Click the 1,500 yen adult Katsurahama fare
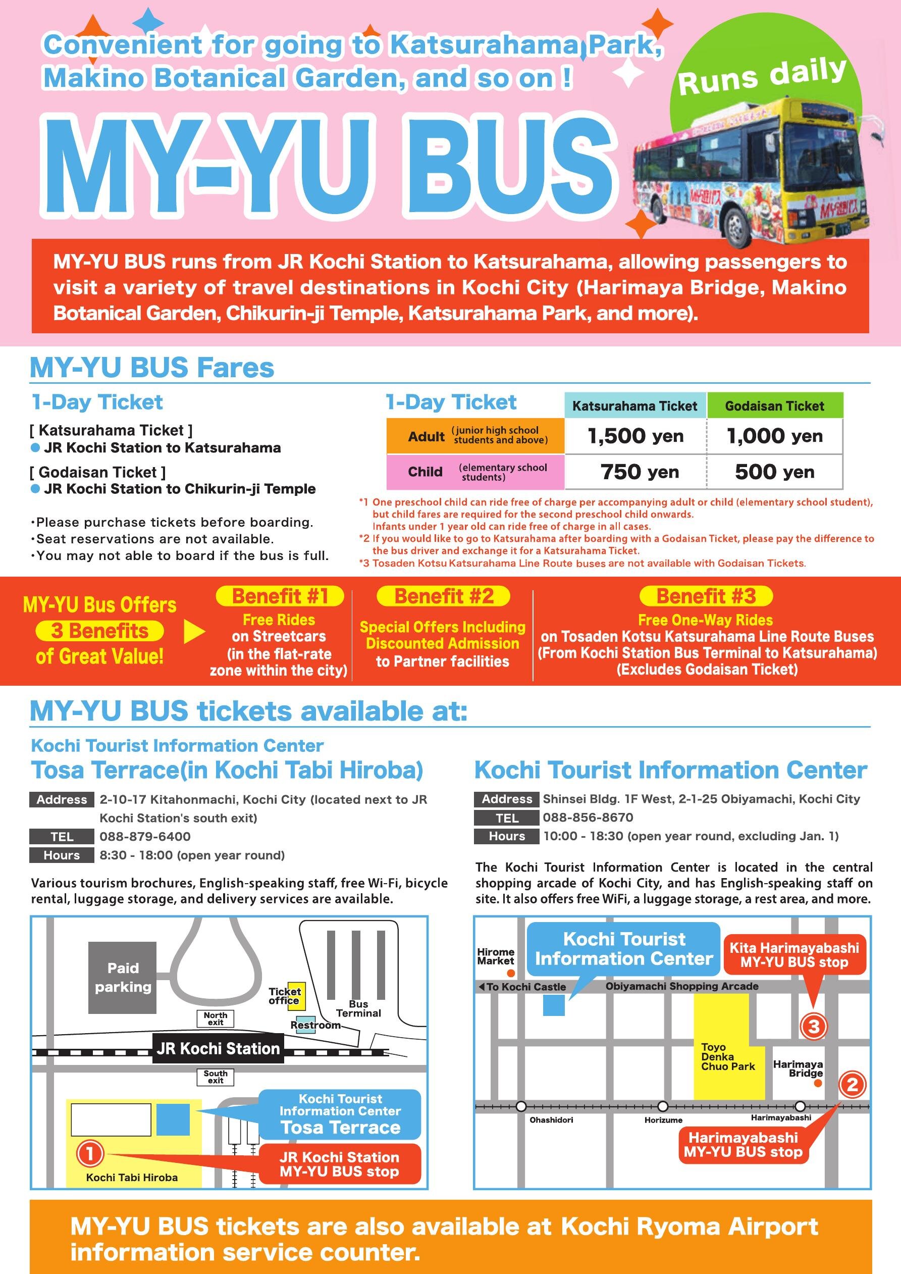[x=635, y=436]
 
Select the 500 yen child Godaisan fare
[x=774, y=472]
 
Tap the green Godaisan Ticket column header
[x=774, y=405]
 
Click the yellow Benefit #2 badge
[x=443, y=596]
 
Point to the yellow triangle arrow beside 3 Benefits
[x=194, y=632]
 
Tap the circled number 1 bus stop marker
[x=89, y=1154]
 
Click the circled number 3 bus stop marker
[x=813, y=1026]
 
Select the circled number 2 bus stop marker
[x=852, y=1084]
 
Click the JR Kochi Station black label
[x=218, y=1048]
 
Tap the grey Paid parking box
[x=123, y=977]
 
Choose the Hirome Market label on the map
[x=496, y=956]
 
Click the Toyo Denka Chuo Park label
[x=727, y=1056]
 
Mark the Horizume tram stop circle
[x=662, y=1106]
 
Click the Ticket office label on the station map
[x=285, y=995]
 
